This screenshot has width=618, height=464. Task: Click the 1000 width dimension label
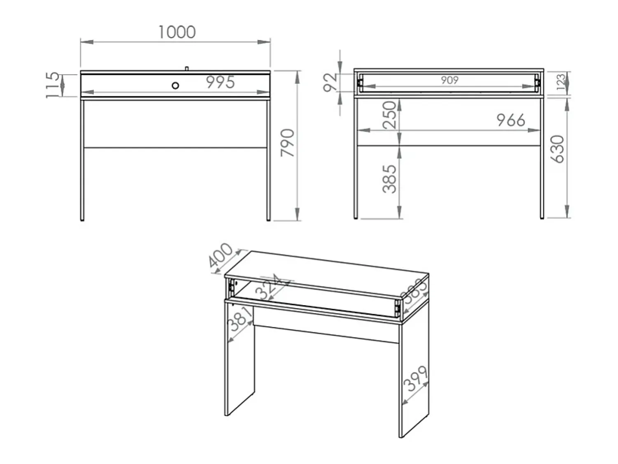[177, 32]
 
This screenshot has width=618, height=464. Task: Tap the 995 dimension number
[220, 82]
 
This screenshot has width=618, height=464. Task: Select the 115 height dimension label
[53, 85]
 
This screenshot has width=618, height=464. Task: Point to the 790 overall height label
[288, 143]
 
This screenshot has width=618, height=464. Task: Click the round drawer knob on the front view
[175, 85]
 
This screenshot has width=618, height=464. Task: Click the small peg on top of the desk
[186, 68]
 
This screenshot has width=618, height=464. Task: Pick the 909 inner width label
[449, 80]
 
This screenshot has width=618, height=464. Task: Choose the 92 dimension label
[330, 82]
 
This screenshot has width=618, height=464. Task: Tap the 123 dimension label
[561, 82]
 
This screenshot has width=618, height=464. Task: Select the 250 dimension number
[389, 115]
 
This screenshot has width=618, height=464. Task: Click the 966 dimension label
[511, 120]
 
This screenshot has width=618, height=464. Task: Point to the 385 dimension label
[390, 179]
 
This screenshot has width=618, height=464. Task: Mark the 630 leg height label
[557, 149]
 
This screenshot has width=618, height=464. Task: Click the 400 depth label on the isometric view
[221, 255]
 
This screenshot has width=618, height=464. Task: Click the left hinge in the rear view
[360, 82]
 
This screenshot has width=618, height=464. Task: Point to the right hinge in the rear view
[538, 82]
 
